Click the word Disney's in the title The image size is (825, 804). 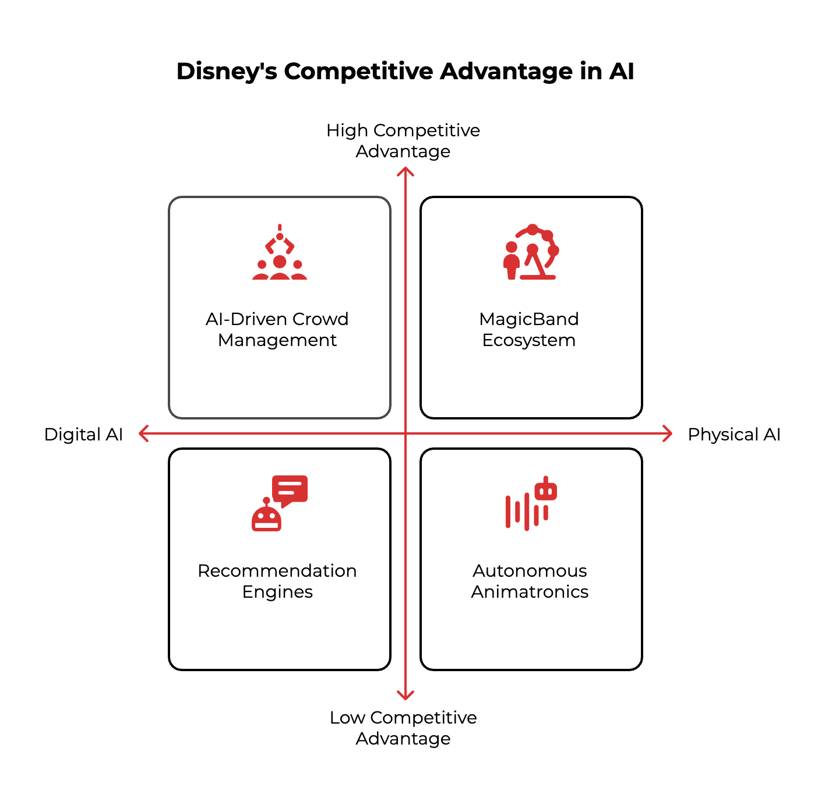click(227, 72)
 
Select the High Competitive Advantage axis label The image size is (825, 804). click(403, 140)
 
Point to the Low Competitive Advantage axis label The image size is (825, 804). click(403, 728)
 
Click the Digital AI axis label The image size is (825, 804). click(83, 435)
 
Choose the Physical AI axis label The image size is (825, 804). click(734, 435)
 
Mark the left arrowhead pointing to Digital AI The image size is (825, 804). click(143, 433)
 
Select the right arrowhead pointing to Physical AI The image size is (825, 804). click(668, 433)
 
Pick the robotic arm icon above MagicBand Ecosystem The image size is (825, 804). click(531, 253)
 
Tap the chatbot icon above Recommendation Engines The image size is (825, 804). click(280, 503)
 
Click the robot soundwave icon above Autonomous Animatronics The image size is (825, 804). click(531, 503)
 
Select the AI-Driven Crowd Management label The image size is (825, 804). click(277, 329)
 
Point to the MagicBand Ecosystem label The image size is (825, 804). click(529, 329)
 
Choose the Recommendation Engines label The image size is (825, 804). click(277, 581)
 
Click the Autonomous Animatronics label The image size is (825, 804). click(530, 581)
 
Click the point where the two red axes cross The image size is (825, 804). click(406, 433)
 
